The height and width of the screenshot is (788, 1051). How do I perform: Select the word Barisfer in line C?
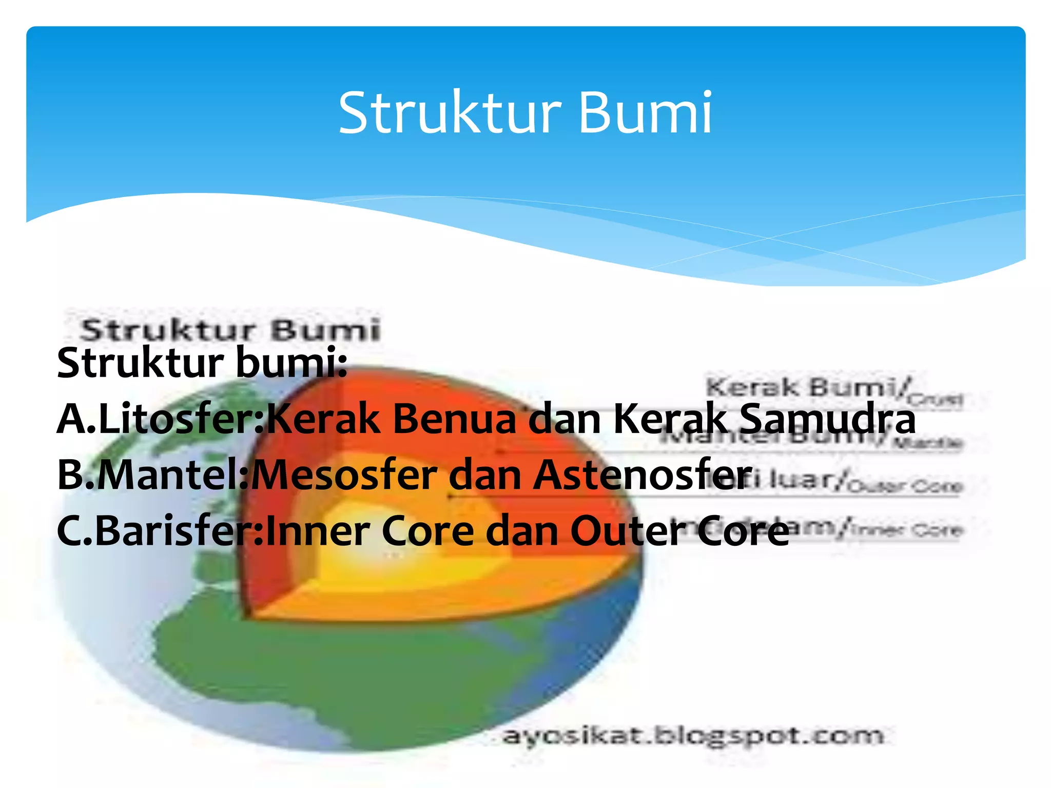[x=174, y=531]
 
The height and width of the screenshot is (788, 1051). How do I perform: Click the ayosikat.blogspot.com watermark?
[x=693, y=736]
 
